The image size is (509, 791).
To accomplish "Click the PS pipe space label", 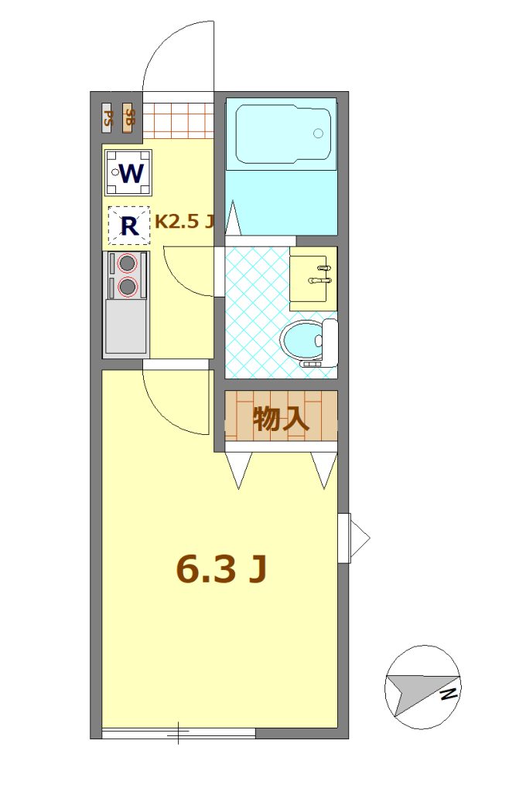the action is point(108,118).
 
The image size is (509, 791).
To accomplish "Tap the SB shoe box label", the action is point(128,118).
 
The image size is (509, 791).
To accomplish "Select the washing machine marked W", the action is point(128,173).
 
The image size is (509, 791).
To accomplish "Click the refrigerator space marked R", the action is point(129,226).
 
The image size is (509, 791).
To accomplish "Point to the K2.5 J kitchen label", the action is point(185,222).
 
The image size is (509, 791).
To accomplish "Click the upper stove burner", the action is point(127,263).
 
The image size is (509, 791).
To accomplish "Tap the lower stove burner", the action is point(127,287).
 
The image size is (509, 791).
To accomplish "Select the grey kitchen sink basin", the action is point(125,326).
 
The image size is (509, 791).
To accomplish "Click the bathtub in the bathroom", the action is point(283,134).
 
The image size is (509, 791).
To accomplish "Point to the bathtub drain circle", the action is point(318,133).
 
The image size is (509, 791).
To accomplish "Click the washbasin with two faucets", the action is point(313,278).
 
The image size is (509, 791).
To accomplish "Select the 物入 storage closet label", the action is point(281,419).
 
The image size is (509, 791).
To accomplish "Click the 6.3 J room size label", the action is point(221,569).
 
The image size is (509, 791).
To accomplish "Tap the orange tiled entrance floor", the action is point(178,121).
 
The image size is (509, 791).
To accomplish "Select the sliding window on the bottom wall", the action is point(179,733).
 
